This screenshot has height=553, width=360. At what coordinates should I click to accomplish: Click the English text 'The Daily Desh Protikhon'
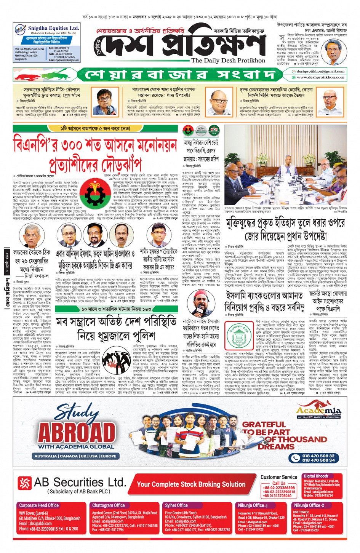(x=228, y=61)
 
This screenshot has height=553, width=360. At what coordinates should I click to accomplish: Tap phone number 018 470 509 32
(x=318, y=455)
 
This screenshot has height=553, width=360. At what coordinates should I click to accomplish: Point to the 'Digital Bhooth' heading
(x=315, y=476)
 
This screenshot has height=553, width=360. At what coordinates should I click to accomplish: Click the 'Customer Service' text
(x=279, y=477)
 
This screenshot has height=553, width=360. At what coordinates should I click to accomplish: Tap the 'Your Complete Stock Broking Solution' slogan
(x=191, y=484)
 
